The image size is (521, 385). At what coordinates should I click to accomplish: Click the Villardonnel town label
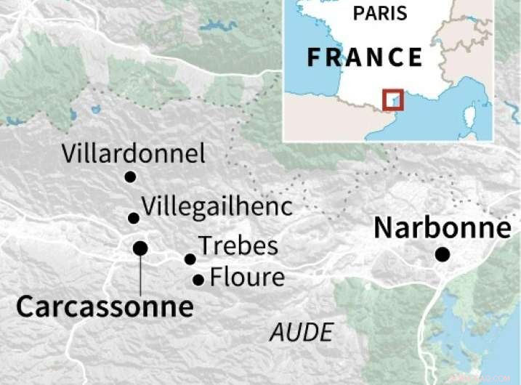[x=133, y=153]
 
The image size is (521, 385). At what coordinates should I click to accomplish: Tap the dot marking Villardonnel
[x=130, y=177]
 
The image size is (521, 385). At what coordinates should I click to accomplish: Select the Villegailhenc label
[x=217, y=206]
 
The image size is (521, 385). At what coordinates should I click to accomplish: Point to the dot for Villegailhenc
[x=133, y=218]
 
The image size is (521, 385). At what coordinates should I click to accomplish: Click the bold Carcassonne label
[x=105, y=307]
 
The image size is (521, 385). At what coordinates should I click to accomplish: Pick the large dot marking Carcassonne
[x=140, y=248]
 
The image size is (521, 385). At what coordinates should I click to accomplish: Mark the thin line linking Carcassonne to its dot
[x=140, y=272]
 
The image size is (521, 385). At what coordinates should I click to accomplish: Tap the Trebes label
[x=238, y=246]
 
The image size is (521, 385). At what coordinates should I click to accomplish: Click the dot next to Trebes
[x=190, y=259]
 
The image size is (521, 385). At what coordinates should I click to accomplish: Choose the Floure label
[x=247, y=277]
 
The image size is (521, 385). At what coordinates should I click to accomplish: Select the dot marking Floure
[x=198, y=279]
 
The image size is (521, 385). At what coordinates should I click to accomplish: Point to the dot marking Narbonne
[x=442, y=254]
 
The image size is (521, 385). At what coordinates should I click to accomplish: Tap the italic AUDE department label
[x=301, y=332]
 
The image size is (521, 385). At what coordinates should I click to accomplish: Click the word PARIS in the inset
[x=381, y=14]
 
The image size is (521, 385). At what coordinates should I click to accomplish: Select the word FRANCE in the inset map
[x=364, y=57]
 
